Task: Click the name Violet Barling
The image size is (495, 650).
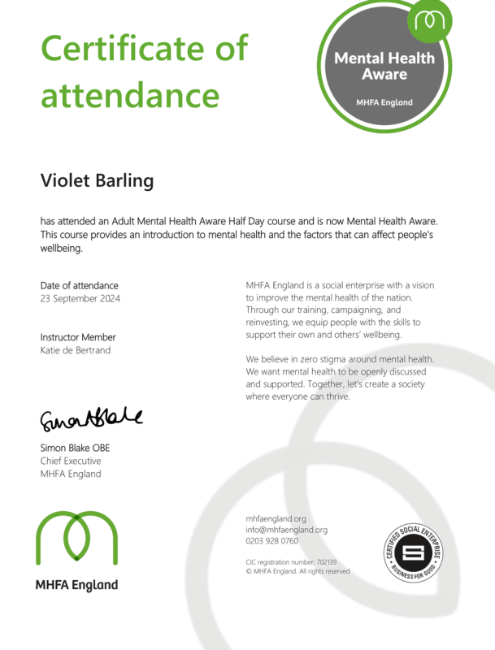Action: pyautogui.click(x=97, y=180)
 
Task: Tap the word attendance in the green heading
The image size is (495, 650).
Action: pyautogui.click(x=130, y=95)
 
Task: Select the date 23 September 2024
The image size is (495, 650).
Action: pyautogui.click(x=80, y=299)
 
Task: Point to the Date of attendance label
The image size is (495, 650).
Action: pyautogui.click(x=79, y=285)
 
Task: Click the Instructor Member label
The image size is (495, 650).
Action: pyautogui.click(x=78, y=337)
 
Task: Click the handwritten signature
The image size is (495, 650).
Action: pyautogui.click(x=91, y=419)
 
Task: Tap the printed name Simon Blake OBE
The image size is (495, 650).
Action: pyautogui.click(x=75, y=448)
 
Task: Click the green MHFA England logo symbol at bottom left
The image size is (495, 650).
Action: pyautogui.click(x=76, y=539)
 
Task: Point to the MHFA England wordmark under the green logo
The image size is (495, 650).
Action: pyautogui.click(x=76, y=585)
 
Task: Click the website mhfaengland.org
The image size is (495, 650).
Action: pyautogui.click(x=276, y=518)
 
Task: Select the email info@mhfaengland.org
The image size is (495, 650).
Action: pyautogui.click(x=286, y=530)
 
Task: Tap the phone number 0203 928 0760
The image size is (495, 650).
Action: pyautogui.click(x=271, y=541)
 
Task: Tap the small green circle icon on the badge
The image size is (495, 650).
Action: pyautogui.click(x=429, y=21)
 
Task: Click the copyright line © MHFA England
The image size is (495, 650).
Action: pyautogui.click(x=297, y=571)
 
